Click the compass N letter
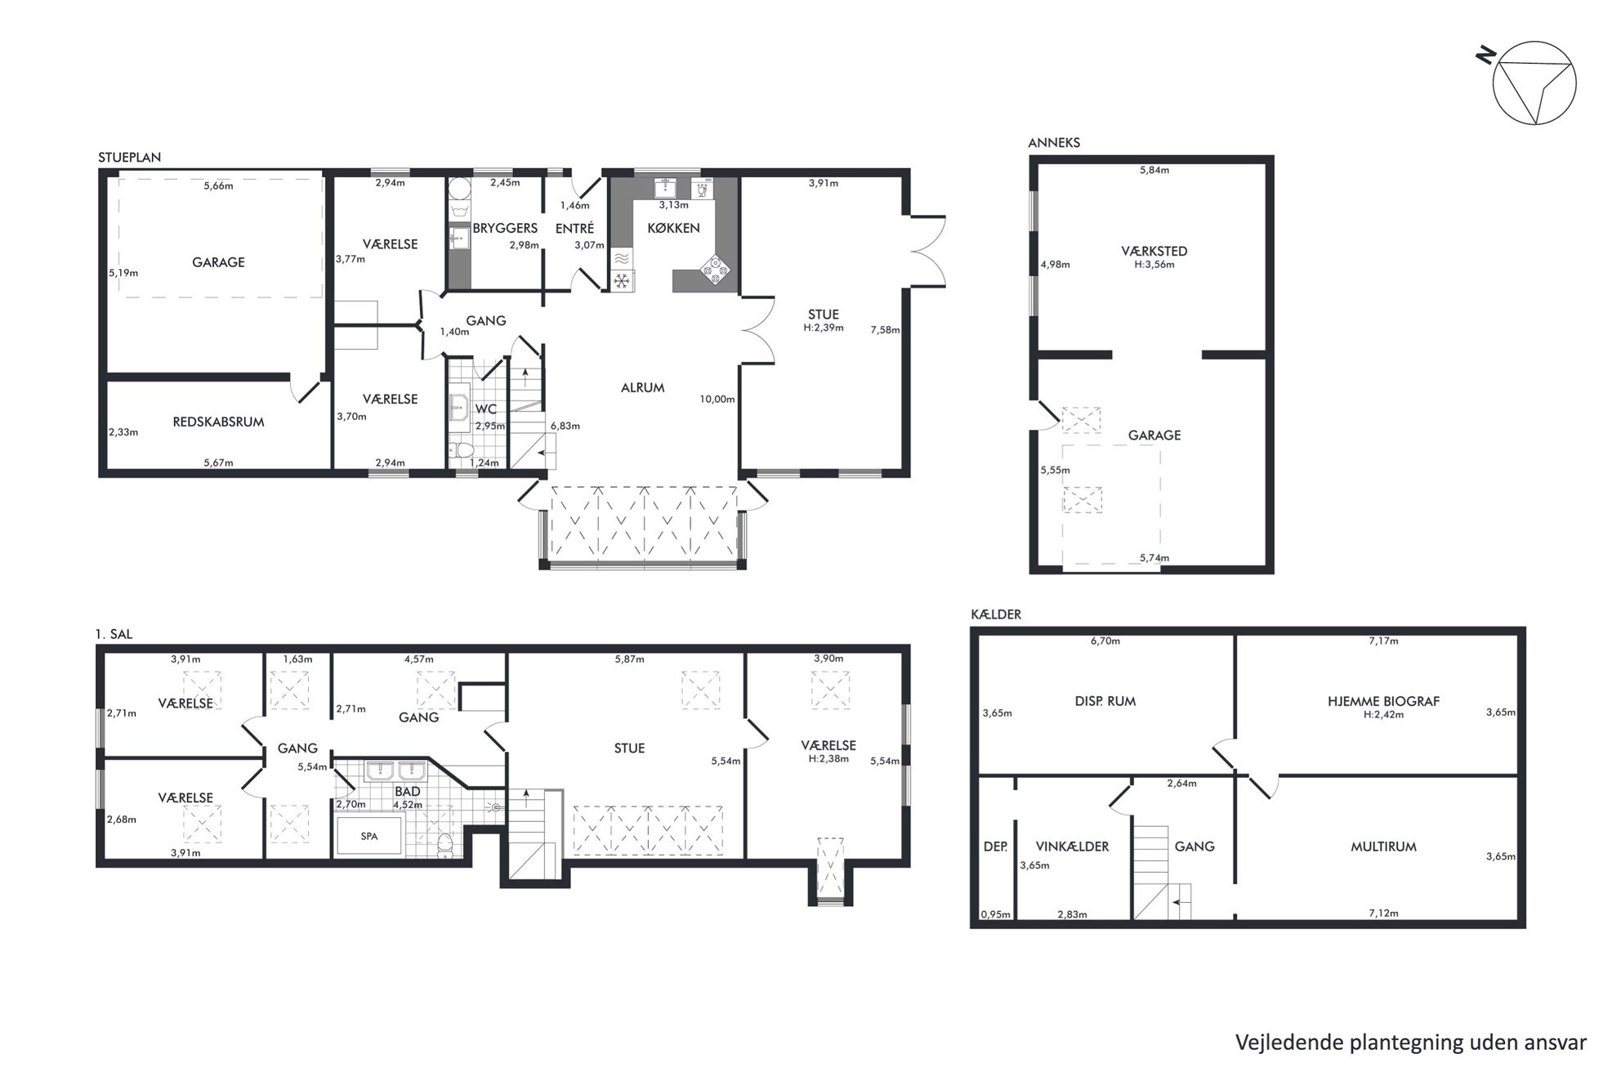(1485, 56)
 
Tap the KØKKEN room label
(673, 228)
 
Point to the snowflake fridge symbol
(622, 281)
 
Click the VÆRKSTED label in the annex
(1154, 251)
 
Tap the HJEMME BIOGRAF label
(1383, 701)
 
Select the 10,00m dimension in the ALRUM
(717, 400)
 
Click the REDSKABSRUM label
(218, 422)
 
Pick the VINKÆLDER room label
(1072, 846)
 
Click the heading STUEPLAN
(129, 157)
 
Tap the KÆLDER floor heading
(995, 614)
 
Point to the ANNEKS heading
(1054, 142)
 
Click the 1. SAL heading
(114, 634)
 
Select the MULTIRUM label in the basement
(1383, 846)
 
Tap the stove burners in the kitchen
(715, 270)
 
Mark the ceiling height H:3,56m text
(1154, 265)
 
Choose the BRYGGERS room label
(505, 228)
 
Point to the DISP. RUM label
(1105, 701)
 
